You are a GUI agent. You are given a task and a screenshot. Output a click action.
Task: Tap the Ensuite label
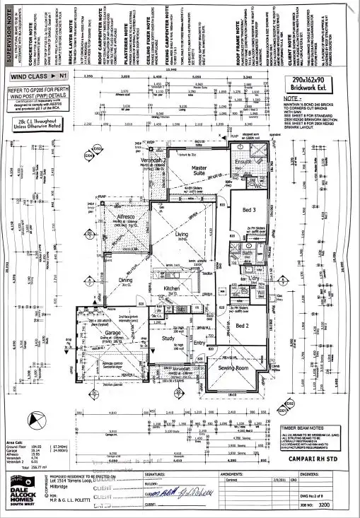click(x=244, y=162)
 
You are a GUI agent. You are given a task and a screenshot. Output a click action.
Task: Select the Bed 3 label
click(x=248, y=211)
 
